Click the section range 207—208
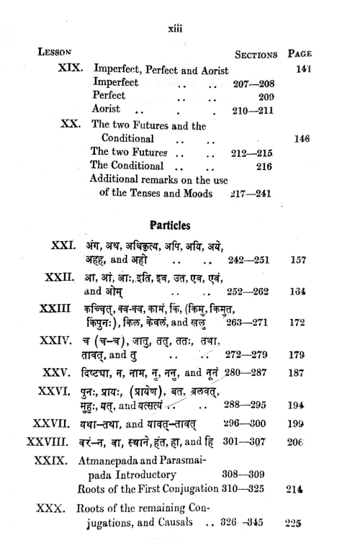click(x=256, y=84)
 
